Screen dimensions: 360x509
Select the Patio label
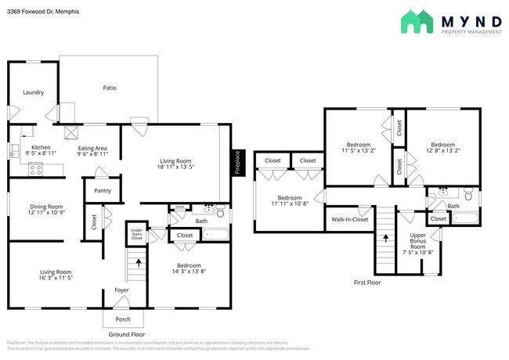pos(110,88)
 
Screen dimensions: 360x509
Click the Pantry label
pos(102,190)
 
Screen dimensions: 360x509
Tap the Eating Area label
pos(92,148)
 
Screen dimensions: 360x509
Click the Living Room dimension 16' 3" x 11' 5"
pos(45,278)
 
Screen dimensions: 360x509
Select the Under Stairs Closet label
pos(136,232)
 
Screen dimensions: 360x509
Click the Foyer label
pos(121,290)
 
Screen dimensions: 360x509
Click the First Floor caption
pos(366,283)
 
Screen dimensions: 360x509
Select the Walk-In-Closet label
pos(350,220)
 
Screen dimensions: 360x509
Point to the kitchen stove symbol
pos(35,167)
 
